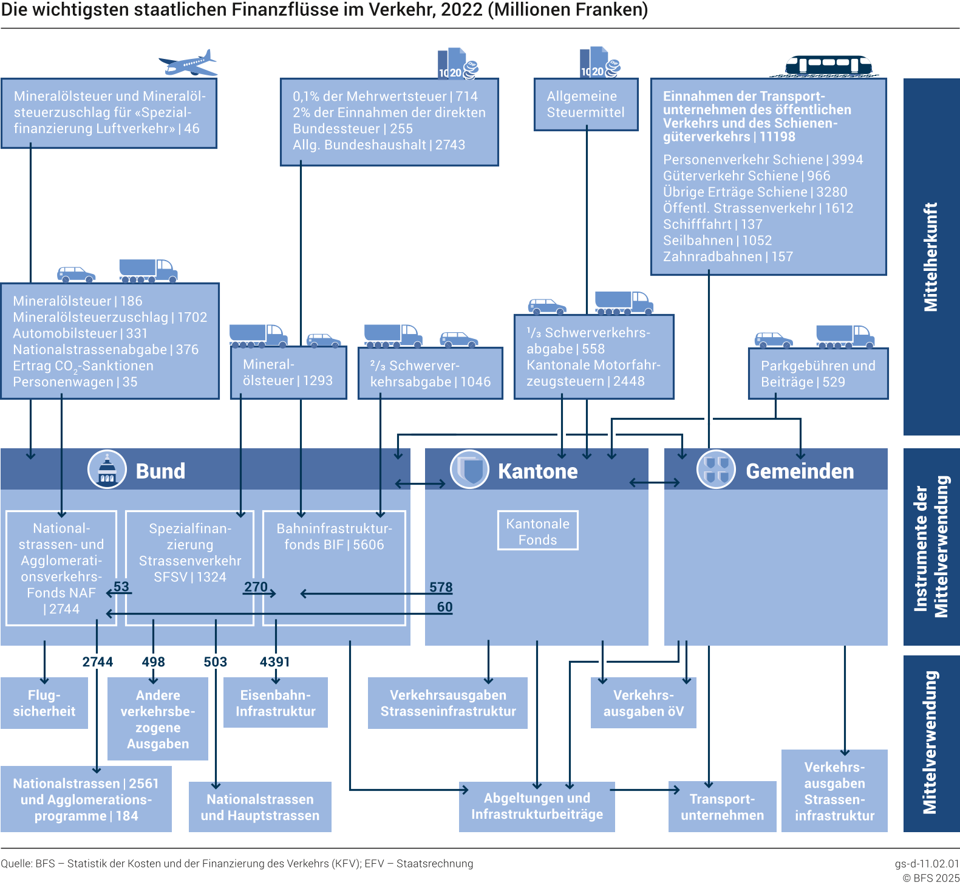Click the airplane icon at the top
tap(188, 63)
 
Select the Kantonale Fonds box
tap(537, 531)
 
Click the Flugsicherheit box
tap(44, 703)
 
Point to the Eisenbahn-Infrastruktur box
tap(276, 703)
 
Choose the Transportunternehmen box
tap(722, 807)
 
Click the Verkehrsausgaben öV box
tap(643, 703)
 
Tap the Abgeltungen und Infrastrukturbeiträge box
tap(537, 806)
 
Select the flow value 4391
tap(274, 661)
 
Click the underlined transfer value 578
tap(441, 587)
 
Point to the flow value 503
tap(215, 661)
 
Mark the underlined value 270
tap(256, 587)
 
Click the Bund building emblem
tap(107, 470)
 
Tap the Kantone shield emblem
tap(469, 470)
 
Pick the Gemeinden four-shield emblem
tap(717, 470)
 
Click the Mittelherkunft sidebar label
tap(931, 256)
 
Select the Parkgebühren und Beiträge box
tap(818, 374)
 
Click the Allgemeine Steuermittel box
tap(585, 104)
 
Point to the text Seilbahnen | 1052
tap(717, 241)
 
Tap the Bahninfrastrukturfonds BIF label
tap(334, 536)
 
